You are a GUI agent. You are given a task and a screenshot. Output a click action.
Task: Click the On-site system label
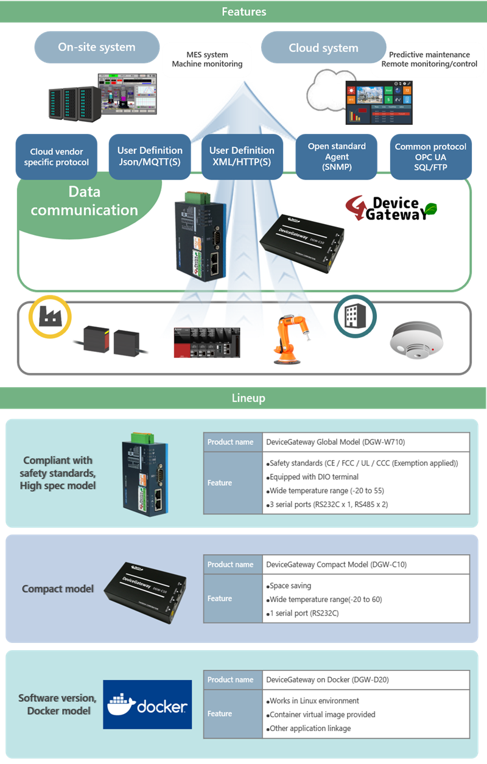click(x=97, y=47)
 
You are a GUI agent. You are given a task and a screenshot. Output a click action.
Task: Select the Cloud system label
click(x=323, y=48)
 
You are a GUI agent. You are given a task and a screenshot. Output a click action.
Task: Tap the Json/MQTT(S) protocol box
click(x=150, y=156)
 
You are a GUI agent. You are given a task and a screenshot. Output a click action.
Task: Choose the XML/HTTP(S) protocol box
click(x=242, y=156)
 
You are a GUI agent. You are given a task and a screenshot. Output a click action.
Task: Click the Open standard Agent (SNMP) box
click(x=337, y=156)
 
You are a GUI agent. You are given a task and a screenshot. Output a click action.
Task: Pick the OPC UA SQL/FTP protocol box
click(x=430, y=156)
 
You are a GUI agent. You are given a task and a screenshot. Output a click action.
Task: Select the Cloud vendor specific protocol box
click(x=57, y=157)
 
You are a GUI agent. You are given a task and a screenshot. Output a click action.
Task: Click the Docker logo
click(x=147, y=705)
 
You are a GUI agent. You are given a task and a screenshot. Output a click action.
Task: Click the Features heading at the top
click(x=243, y=12)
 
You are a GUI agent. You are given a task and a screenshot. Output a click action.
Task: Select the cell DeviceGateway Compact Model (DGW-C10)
click(x=366, y=564)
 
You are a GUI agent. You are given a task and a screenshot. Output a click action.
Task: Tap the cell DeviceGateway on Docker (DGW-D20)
click(x=366, y=679)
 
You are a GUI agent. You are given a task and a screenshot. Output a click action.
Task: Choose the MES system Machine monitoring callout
click(x=207, y=59)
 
